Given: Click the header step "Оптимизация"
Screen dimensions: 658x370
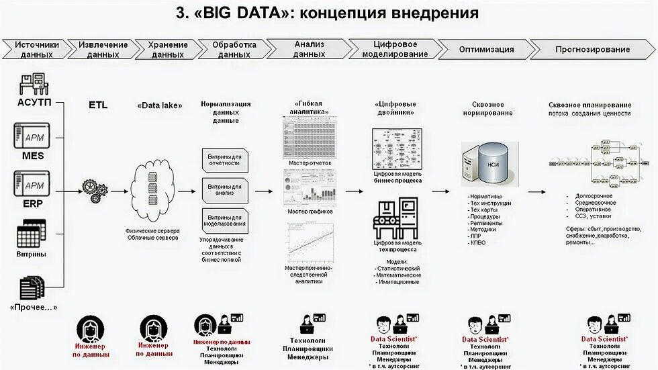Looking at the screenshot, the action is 486,50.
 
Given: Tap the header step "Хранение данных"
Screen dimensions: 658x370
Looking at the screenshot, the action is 167,50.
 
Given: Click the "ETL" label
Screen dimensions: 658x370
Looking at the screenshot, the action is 98,105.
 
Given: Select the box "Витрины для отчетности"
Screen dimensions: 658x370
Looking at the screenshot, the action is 224,160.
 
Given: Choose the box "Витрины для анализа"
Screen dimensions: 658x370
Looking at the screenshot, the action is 224,190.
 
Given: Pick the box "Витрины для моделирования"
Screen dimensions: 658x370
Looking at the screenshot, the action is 224,220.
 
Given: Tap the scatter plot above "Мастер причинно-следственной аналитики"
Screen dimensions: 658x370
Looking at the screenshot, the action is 310,242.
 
